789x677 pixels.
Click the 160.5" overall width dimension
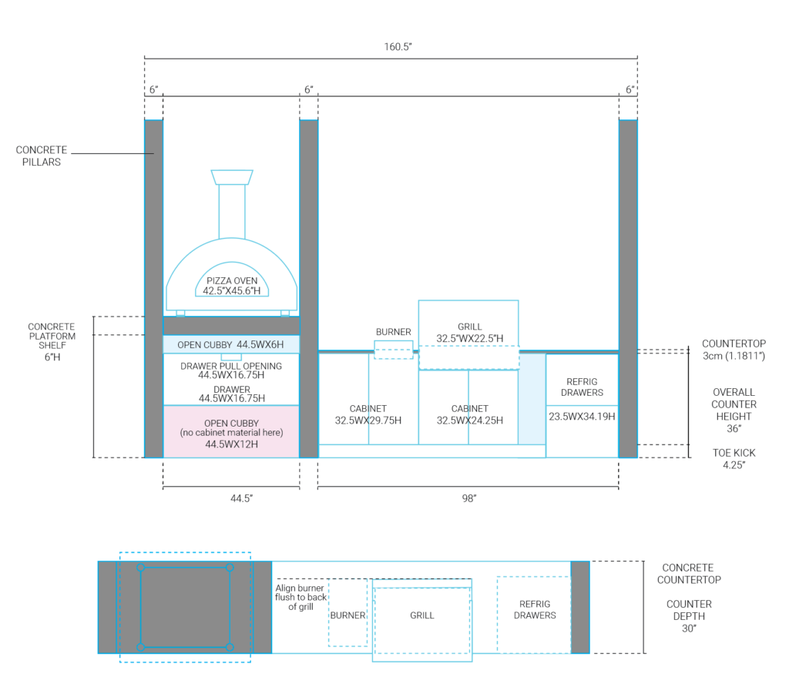pyautogui.click(x=398, y=47)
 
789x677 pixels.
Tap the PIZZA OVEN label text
pyautogui.click(x=232, y=280)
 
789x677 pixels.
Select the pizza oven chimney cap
pyautogui.click(x=232, y=177)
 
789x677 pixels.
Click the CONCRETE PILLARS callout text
pyautogui.click(x=42, y=156)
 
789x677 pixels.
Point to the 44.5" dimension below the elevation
pyautogui.click(x=241, y=498)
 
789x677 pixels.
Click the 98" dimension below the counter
pyautogui.click(x=469, y=498)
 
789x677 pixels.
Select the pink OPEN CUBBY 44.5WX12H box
pyautogui.click(x=231, y=431)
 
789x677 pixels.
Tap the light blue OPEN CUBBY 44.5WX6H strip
pyautogui.click(x=231, y=344)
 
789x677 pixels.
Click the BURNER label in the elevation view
pyautogui.click(x=394, y=332)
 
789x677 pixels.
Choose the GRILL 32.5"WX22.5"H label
pyautogui.click(x=469, y=333)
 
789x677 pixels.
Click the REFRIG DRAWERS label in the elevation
pyautogui.click(x=583, y=387)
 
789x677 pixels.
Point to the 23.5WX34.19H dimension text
pyautogui.click(x=582, y=417)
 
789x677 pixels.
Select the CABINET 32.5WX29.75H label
pyautogui.click(x=368, y=414)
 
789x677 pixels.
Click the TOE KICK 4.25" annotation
pyautogui.click(x=734, y=459)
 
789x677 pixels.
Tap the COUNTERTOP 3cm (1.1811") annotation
pyautogui.click(x=734, y=350)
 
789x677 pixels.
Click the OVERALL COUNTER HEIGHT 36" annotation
pyautogui.click(x=734, y=411)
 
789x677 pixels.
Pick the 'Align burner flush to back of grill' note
pyautogui.click(x=300, y=597)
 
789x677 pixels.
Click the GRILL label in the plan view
pyautogui.click(x=422, y=615)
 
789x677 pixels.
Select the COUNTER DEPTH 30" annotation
pyautogui.click(x=690, y=616)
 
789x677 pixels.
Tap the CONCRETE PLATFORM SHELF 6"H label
pyautogui.click(x=52, y=341)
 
